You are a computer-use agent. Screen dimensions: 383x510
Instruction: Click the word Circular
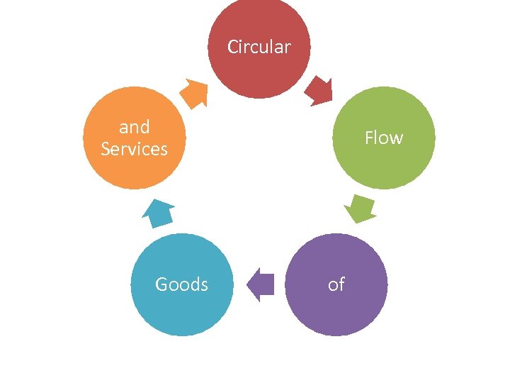pos(259,48)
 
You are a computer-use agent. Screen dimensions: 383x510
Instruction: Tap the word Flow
pos(383,138)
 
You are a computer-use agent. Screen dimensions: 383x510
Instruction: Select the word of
pos(336,284)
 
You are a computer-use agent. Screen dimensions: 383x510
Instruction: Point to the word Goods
pos(181,284)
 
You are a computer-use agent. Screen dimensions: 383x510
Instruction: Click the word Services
pos(134,149)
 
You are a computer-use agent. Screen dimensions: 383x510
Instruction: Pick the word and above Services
pos(134,128)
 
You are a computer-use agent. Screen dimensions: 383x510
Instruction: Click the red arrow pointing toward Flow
pos(319,91)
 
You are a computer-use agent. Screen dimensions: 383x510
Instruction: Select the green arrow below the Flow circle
pos(361,208)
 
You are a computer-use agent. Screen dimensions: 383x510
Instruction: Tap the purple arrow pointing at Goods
pos(260,284)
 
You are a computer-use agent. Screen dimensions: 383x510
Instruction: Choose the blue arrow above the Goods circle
pos(159,213)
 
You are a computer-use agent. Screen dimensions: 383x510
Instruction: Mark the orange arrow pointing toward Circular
pos(193,92)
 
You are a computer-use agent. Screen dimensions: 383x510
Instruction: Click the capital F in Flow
pos(369,138)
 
